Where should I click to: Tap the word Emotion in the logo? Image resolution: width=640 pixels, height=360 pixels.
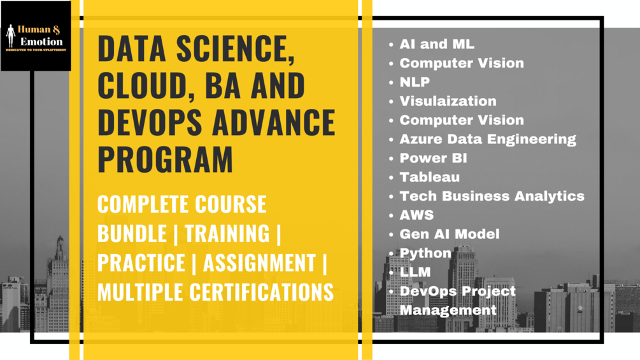(x=42, y=41)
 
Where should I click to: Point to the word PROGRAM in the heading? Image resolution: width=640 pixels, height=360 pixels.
(x=166, y=159)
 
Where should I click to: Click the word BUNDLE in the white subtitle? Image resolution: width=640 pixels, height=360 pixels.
(x=132, y=234)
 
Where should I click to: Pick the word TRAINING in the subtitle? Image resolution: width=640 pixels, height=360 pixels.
(x=227, y=234)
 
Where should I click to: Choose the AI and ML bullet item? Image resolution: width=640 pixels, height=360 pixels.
(x=436, y=45)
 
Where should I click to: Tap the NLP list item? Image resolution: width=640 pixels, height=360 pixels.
(x=415, y=82)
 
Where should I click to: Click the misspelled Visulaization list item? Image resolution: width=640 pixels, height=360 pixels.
(x=448, y=101)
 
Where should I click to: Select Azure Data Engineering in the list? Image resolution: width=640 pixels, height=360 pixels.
(x=487, y=139)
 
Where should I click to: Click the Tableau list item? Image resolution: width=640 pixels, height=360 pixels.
(x=429, y=177)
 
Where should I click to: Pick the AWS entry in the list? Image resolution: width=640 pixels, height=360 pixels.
(x=416, y=215)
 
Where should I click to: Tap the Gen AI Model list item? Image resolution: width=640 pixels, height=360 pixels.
(x=449, y=234)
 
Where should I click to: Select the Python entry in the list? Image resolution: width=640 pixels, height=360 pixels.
(x=425, y=253)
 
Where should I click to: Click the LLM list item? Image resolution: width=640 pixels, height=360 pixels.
(x=415, y=272)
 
